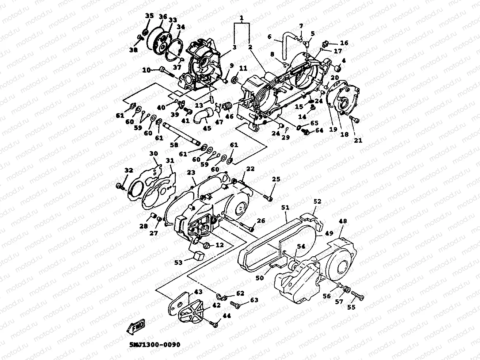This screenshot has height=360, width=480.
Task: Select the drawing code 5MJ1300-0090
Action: point(155,344)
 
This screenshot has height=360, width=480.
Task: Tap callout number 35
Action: point(149,16)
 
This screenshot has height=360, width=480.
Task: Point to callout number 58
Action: point(174,145)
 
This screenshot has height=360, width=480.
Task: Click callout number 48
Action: point(343,221)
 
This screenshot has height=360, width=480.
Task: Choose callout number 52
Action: point(317,201)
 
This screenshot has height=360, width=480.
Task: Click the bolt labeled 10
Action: point(167,71)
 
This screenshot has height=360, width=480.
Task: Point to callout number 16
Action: point(344,43)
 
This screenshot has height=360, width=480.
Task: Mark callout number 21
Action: point(358,141)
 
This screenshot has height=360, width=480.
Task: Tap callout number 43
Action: point(198,292)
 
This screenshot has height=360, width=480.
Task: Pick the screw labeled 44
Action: point(214,323)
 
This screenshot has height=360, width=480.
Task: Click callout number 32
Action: point(129,171)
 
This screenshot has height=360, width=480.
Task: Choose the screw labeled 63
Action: point(235,304)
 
